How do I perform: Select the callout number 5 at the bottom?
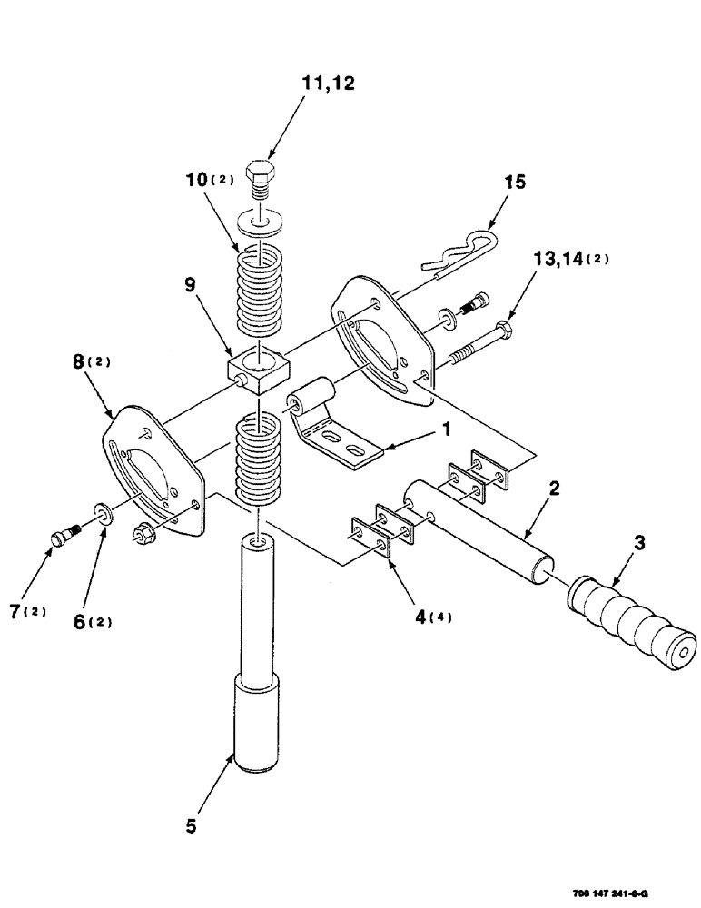[x=192, y=828]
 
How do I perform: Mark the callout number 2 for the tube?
[x=553, y=489]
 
